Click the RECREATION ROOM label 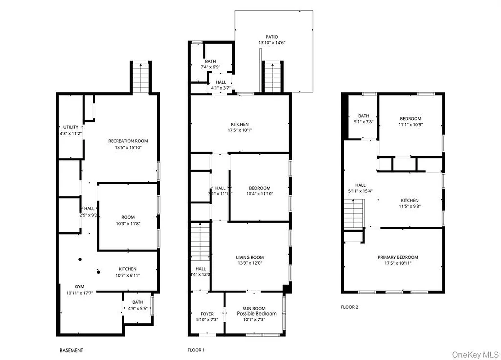tap(128, 141)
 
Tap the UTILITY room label tap(71, 127)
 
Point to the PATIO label tap(271, 37)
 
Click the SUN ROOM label tap(254, 308)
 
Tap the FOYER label tap(207, 314)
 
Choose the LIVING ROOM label tap(250, 257)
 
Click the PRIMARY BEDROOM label tap(397, 257)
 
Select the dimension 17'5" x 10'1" tap(239, 130)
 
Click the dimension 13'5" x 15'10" tap(128, 147)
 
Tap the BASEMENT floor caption tap(71, 350)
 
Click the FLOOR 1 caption tap(196, 350)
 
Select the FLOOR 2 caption tap(349, 307)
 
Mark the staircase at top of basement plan tap(141, 77)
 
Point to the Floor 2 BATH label tap(364, 116)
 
